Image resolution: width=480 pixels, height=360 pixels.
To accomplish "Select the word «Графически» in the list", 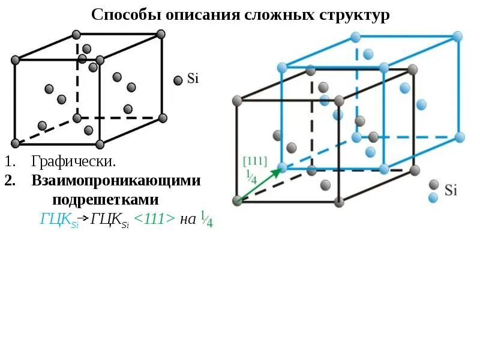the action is (x=73, y=161).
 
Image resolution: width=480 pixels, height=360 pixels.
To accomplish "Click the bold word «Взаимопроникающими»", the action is (x=116, y=181).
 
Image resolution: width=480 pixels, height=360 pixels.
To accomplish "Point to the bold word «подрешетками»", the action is (x=105, y=199).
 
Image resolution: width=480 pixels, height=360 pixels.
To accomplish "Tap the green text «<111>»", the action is (x=155, y=219).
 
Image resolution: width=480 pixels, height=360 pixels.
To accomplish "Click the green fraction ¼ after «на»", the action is (x=207, y=219).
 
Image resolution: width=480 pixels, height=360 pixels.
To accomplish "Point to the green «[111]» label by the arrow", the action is (x=254, y=161).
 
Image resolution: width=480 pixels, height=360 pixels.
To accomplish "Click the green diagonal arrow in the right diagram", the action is (x=259, y=184).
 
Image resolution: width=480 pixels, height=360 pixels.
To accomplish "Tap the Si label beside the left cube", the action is (x=193, y=79).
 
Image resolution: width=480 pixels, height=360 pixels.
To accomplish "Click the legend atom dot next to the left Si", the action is (x=178, y=80).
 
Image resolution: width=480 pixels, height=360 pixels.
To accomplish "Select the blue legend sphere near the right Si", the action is (x=433, y=197).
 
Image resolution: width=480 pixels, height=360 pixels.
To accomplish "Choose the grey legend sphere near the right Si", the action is (x=433, y=185).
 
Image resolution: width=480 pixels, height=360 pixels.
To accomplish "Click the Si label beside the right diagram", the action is (x=451, y=191).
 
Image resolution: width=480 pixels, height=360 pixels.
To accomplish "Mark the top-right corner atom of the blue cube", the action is (x=458, y=37).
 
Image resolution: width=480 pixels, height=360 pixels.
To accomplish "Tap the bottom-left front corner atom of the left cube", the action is (x=16, y=143).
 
